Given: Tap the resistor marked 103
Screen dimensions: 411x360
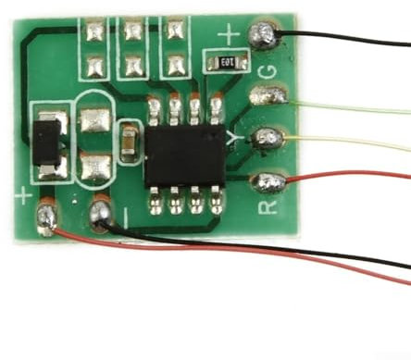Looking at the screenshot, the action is point(225,62).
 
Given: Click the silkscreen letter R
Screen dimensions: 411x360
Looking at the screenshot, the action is point(266,205).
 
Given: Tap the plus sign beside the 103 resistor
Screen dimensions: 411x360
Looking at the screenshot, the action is point(229,38).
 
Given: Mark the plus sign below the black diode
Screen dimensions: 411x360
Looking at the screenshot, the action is point(22,195).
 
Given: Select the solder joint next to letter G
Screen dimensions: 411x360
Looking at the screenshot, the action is point(268,94).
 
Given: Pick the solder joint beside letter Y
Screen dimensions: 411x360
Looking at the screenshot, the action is point(268,138).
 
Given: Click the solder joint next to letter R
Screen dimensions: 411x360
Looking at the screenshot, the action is point(268,180).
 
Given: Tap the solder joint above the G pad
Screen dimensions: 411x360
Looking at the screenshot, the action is point(262,37).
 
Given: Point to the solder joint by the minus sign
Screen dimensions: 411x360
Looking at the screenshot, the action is point(101,216).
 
